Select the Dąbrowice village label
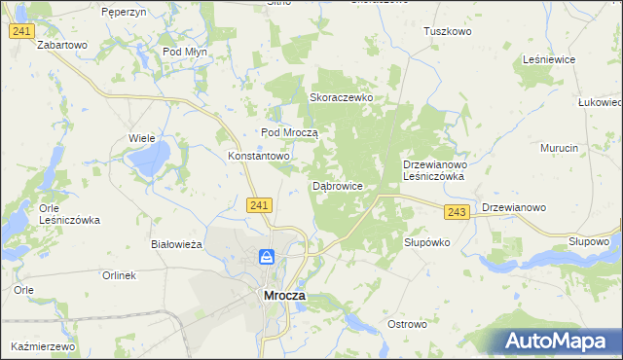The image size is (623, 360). click(338, 185)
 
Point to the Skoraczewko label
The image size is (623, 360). click(342, 98)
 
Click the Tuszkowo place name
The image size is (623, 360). click(447, 31)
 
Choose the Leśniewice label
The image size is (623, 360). click(549, 59)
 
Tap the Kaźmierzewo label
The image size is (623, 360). click(44, 346)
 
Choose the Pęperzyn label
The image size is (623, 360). click(124, 11)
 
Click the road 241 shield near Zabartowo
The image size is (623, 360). click(22, 32)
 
